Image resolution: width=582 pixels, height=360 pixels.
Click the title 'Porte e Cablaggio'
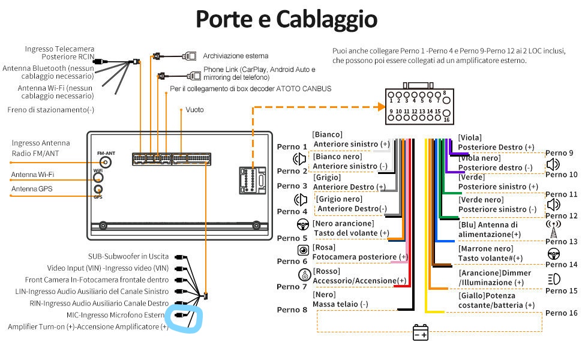(x=286, y=19)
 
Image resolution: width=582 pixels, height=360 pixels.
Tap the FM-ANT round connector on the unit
(x=106, y=163)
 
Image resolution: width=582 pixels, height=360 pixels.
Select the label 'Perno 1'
(x=292, y=147)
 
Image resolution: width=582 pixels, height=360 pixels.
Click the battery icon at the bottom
(x=421, y=332)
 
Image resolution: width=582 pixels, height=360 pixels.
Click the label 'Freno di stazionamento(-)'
(x=51, y=110)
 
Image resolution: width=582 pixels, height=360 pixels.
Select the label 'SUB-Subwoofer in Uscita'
(x=128, y=256)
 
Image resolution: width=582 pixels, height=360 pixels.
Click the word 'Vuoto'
(x=194, y=110)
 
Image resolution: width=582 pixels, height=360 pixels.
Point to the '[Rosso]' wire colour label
(x=327, y=271)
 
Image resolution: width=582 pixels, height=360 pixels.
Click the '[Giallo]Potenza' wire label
(x=487, y=296)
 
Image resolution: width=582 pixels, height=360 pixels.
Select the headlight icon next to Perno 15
(x=554, y=279)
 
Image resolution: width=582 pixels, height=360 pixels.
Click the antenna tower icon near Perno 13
(x=553, y=229)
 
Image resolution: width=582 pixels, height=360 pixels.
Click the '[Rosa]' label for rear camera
(x=324, y=247)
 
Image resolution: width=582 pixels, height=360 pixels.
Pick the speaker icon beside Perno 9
(x=553, y=164)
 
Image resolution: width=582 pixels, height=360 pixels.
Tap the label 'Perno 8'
(x=292, y=310)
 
